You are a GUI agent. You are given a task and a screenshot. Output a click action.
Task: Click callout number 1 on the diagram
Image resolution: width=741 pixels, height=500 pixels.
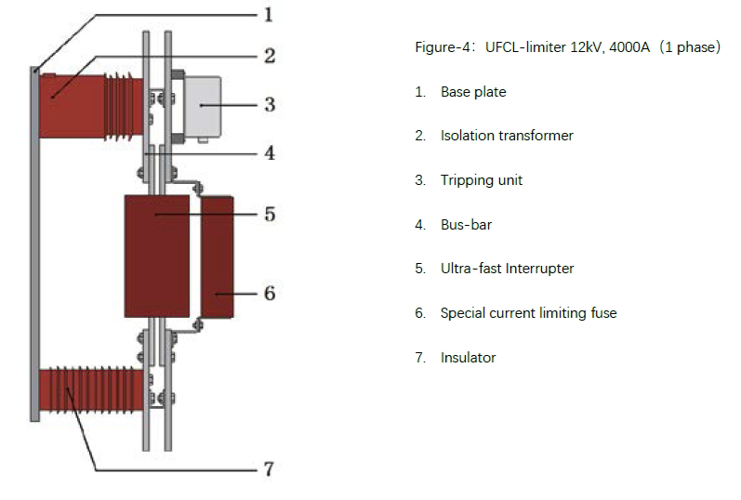pos(268,14)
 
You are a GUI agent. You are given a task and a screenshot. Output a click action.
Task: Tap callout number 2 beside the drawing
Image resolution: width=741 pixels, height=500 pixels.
pos(269,56)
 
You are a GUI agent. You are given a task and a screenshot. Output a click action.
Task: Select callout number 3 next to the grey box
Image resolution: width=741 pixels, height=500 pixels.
pos(269,104)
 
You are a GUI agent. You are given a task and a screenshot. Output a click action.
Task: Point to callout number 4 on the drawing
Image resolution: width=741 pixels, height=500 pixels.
pos(269,152)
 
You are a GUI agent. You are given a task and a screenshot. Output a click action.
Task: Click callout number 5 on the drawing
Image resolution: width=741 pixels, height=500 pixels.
pos(269,215)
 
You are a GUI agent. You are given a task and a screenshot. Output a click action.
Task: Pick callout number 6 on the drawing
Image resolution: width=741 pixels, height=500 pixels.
pos(269,293)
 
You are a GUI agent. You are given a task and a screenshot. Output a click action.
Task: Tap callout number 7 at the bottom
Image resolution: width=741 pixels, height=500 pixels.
pos(268,468)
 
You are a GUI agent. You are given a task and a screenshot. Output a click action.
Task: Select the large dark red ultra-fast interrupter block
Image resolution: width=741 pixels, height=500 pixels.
pos(155,256)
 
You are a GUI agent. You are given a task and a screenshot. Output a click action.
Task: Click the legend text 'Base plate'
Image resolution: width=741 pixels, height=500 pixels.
pos(473,92)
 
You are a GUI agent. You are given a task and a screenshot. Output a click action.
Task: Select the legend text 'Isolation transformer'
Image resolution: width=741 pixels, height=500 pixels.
pos(507,136)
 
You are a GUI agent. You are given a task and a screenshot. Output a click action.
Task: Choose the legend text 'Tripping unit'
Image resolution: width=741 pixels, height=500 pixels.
pos(481,180)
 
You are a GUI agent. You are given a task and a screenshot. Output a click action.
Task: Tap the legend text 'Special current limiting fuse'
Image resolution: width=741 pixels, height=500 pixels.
pos(528,313)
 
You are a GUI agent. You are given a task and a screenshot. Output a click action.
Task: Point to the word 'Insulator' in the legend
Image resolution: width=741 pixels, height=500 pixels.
pos(468,358)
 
